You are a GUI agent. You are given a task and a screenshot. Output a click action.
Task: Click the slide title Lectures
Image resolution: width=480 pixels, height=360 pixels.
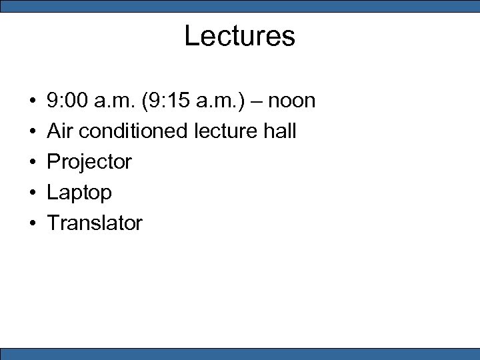click(x=239, y=36)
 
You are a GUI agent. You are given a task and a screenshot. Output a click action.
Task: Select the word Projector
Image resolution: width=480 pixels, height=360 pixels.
click(x=89, y=162)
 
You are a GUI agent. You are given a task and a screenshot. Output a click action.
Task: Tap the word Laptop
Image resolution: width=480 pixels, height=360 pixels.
click(x=79, y=193)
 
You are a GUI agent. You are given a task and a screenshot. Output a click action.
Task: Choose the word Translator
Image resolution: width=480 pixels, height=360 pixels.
click(x=95, y=223)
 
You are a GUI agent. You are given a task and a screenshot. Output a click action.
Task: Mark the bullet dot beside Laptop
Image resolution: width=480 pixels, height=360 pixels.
click(x=32, y=193)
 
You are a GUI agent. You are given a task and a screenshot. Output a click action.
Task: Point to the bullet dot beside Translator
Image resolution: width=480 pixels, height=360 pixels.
click(x=32, y=223)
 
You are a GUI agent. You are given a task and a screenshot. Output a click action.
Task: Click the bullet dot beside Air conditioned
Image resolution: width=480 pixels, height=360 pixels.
click(x=32, y=132)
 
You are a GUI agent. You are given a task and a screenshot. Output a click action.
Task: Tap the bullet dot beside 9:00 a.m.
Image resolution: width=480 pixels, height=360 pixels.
click(x=32, y=101)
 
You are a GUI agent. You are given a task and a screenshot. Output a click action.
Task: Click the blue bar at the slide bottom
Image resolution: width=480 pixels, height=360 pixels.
click(x=239, y=353)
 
